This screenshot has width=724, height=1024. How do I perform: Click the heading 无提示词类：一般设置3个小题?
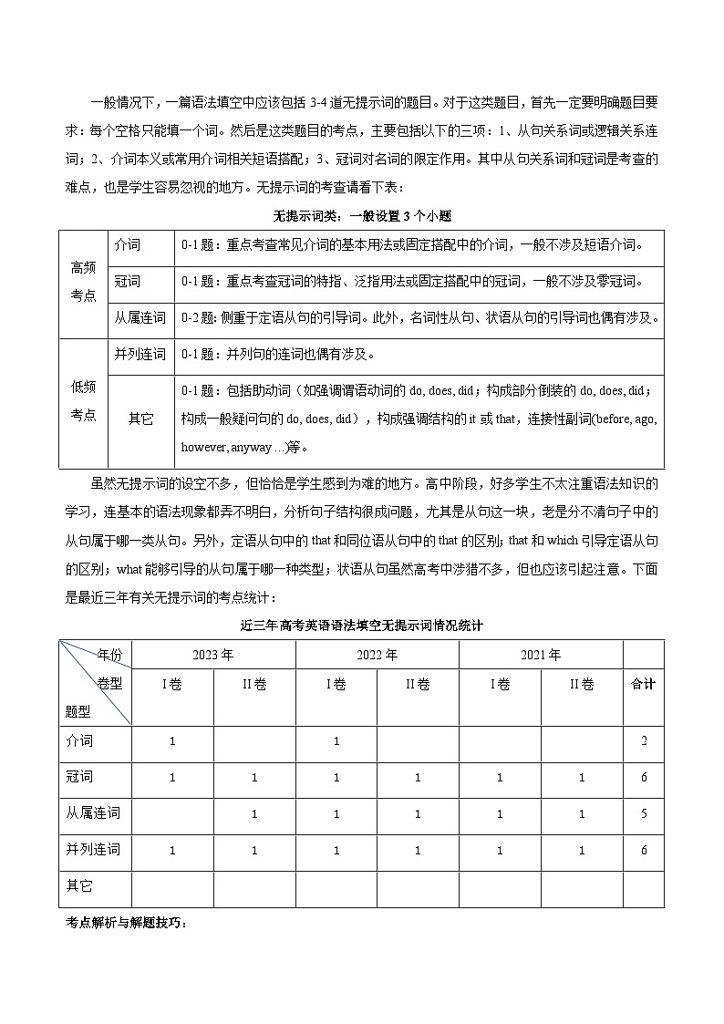click(x=362, y=216)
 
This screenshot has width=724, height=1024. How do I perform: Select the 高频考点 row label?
click(x=83, y=283)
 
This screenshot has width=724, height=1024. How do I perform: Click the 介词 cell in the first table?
click(x=128, y=245)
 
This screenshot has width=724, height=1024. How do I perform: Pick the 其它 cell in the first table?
click(x=140, y=419)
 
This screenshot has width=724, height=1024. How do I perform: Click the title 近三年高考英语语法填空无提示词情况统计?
click(x=361, y=626)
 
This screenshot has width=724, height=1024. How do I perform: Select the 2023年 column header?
click(x=213, y=655)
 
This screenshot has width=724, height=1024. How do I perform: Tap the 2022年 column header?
click(x=377, y=655)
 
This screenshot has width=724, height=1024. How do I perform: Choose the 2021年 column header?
click(x=541, y=655)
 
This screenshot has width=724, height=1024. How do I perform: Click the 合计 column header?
click(x=644, y=684)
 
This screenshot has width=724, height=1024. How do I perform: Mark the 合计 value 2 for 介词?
click(x=644, y=741)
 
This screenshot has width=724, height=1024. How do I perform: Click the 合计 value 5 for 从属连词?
click(x=644, y=814)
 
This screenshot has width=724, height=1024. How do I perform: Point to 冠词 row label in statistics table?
click(x=80, y=777)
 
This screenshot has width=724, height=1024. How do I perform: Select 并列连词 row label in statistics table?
click(x=93, y=850)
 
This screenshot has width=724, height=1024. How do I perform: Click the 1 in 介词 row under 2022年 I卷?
click(x=336, y=741)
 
